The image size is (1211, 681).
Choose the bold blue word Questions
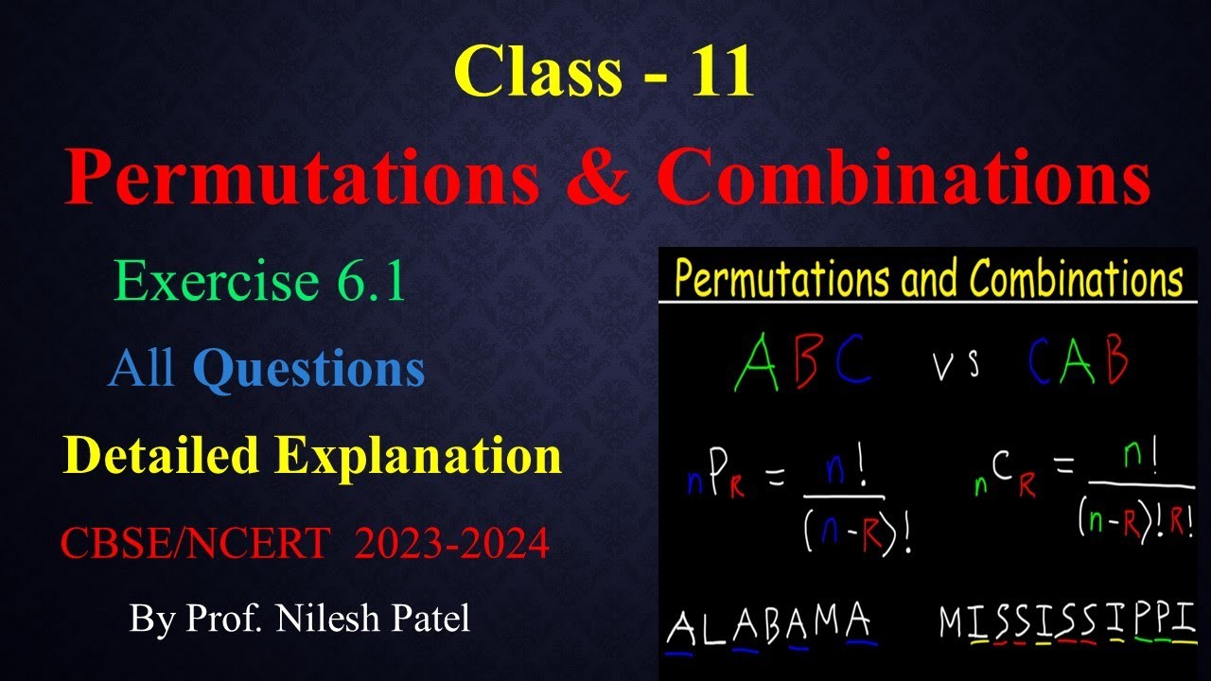308,369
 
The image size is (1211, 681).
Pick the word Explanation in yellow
418,456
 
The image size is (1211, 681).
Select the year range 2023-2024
451,544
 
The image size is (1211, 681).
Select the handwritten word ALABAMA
769,626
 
